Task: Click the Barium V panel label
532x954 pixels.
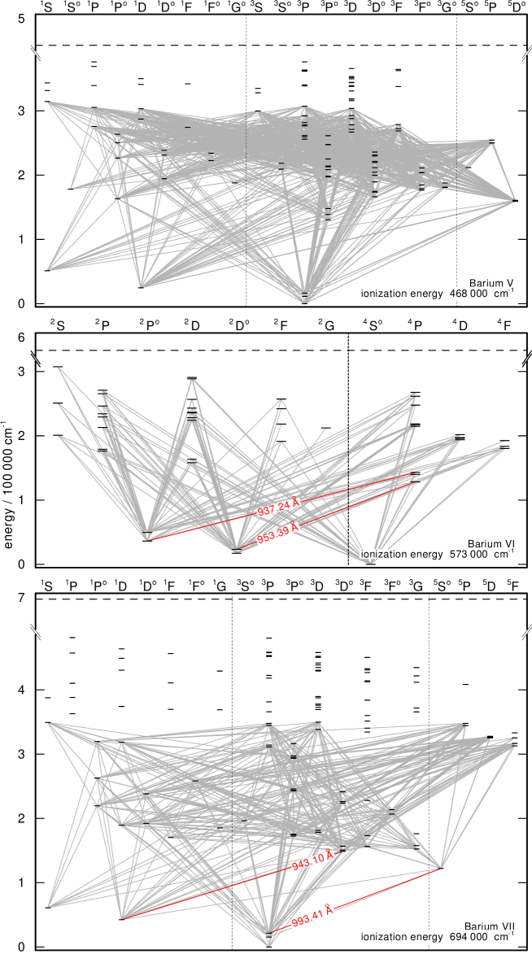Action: (491, 283)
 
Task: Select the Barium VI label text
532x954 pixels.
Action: (491, 543)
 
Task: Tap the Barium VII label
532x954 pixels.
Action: (489, 926)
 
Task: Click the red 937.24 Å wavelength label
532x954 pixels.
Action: (278, 507)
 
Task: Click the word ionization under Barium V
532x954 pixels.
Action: (386, 294)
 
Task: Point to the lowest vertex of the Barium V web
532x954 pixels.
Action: (306, 301)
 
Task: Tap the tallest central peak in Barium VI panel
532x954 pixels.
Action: (193, 380)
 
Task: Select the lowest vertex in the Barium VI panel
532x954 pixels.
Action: (371, 561)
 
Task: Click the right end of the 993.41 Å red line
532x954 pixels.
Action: (441, 868)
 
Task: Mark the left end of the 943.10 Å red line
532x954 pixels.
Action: (123, 919)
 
